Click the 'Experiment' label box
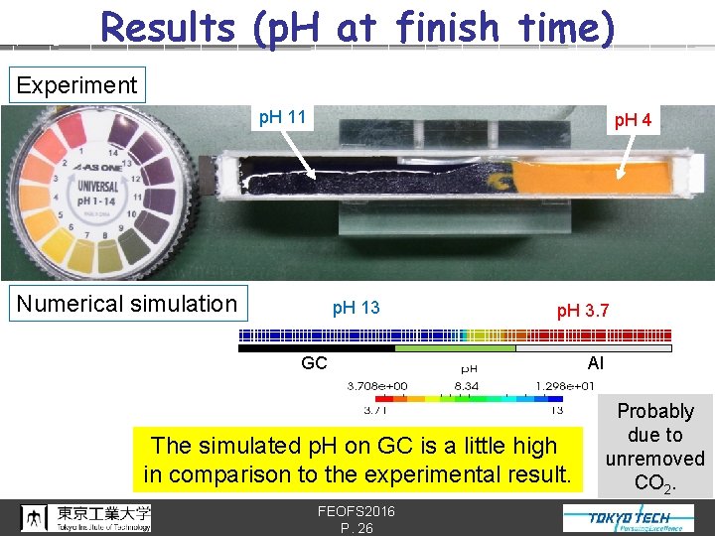point(76,85)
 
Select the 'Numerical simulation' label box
point(127,304)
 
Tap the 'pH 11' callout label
point(282,118)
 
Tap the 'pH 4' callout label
point(633,121)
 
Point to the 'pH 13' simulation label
point(356,308)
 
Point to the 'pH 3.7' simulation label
point(583,312)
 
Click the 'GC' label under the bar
point(314,363)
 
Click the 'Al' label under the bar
point(596,363)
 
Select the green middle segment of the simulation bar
point(455,348)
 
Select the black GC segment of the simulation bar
point(317,348)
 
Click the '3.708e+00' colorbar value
point(376,385)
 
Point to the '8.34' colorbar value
point(468,385)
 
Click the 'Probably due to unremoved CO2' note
point(655,447)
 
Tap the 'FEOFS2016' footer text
point(357,510)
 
